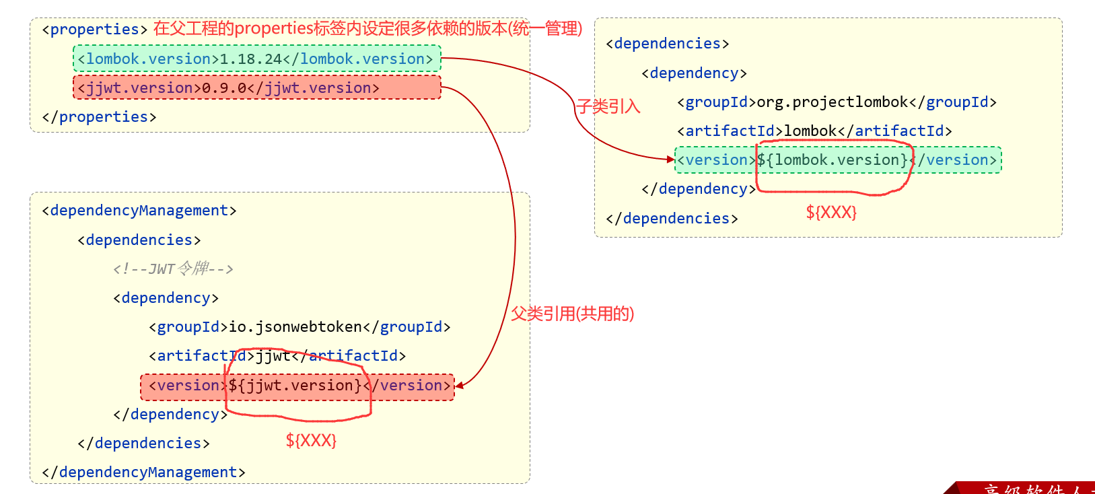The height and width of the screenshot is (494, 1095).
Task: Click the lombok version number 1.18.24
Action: [x=251, y=59]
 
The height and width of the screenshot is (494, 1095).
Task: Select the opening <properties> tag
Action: [x=94, y=30]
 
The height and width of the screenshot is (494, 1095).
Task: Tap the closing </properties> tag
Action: [x=99, y=117]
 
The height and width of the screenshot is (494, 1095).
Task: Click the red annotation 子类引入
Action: [x=608, y=106]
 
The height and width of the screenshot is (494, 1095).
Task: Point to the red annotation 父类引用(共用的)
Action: [x=572, y=314]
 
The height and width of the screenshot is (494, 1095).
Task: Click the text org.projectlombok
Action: [x=833, y=102]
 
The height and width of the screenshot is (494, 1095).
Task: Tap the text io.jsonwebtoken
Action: [x=295, y=327]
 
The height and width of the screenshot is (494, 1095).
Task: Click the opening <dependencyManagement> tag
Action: [x=139, y=211]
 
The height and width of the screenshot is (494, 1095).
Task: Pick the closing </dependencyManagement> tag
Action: [x=143, y=472]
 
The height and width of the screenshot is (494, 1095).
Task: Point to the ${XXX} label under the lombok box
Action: [x=831, y=213]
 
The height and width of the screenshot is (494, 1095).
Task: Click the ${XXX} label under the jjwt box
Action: [x=311, y=441]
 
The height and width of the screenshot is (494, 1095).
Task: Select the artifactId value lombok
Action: [x=811, y=131]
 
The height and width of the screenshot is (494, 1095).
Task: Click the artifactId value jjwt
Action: [x=273, y=356]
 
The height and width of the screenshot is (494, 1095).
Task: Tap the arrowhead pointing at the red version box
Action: [x=459, y=386]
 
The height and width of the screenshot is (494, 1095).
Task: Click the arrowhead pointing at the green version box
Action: [x=670, y=160]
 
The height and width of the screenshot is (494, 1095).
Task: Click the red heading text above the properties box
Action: [x=367, y=29]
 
